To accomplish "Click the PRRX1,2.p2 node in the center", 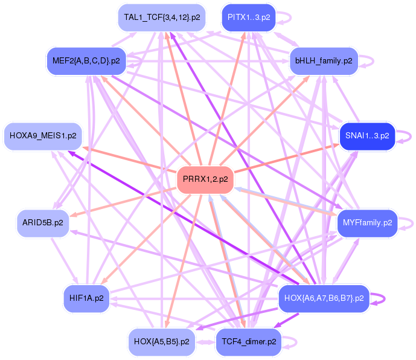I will tap(205, 179).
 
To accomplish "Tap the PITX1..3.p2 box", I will tap(248, 18).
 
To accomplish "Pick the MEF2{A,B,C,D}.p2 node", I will tap(86, 60).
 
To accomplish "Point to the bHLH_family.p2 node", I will tap(324, 60).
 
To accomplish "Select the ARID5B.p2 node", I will tap(42, 222).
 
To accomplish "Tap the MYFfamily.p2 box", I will tap(367, 222).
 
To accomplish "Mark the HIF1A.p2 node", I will tap(86, 298).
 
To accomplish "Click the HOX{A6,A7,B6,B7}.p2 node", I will tap(324, 298).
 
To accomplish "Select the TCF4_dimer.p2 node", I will tap(248, 341).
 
